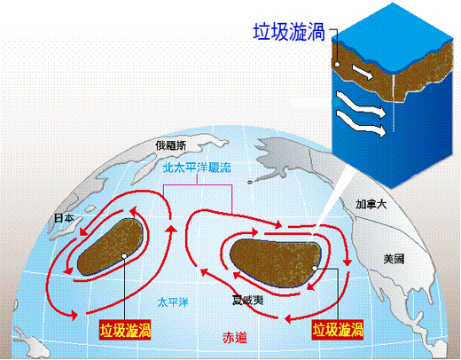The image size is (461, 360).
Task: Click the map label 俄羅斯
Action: (x=171, y=145)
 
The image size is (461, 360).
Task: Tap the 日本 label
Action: (x=64, y=218)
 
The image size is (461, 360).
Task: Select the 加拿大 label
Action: (x=371, y=204)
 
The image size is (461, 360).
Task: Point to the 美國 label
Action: (x=394, y=259)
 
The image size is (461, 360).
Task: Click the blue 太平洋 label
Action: (x=173, y=302)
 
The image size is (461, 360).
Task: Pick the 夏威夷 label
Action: (x=247, y=301)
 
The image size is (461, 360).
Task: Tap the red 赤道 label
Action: (x=235, y=337)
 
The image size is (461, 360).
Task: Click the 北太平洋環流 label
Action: (x=197, y=168)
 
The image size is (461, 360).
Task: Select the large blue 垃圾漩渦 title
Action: (x=289, y=32)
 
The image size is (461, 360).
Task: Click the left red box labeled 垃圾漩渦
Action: (x=125, y=330)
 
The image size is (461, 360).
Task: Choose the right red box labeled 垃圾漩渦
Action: (x=338, y=330)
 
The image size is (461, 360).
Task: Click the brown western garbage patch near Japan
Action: (x=111, y=247)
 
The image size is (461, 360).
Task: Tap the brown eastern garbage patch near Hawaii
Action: (x=275, y=262)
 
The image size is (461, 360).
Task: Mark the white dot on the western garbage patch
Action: (x=124, y=256)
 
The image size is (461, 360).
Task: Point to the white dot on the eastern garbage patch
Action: (x=315, y=268)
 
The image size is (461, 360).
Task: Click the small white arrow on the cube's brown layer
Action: (x=363, y=72)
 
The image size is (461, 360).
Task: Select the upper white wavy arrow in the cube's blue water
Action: (x=361, y=105)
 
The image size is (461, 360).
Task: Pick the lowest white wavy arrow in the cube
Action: (x=361, y=124)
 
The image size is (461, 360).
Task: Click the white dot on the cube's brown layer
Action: (x=337, y=65)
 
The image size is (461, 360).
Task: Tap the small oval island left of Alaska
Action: (x=250, y=182)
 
